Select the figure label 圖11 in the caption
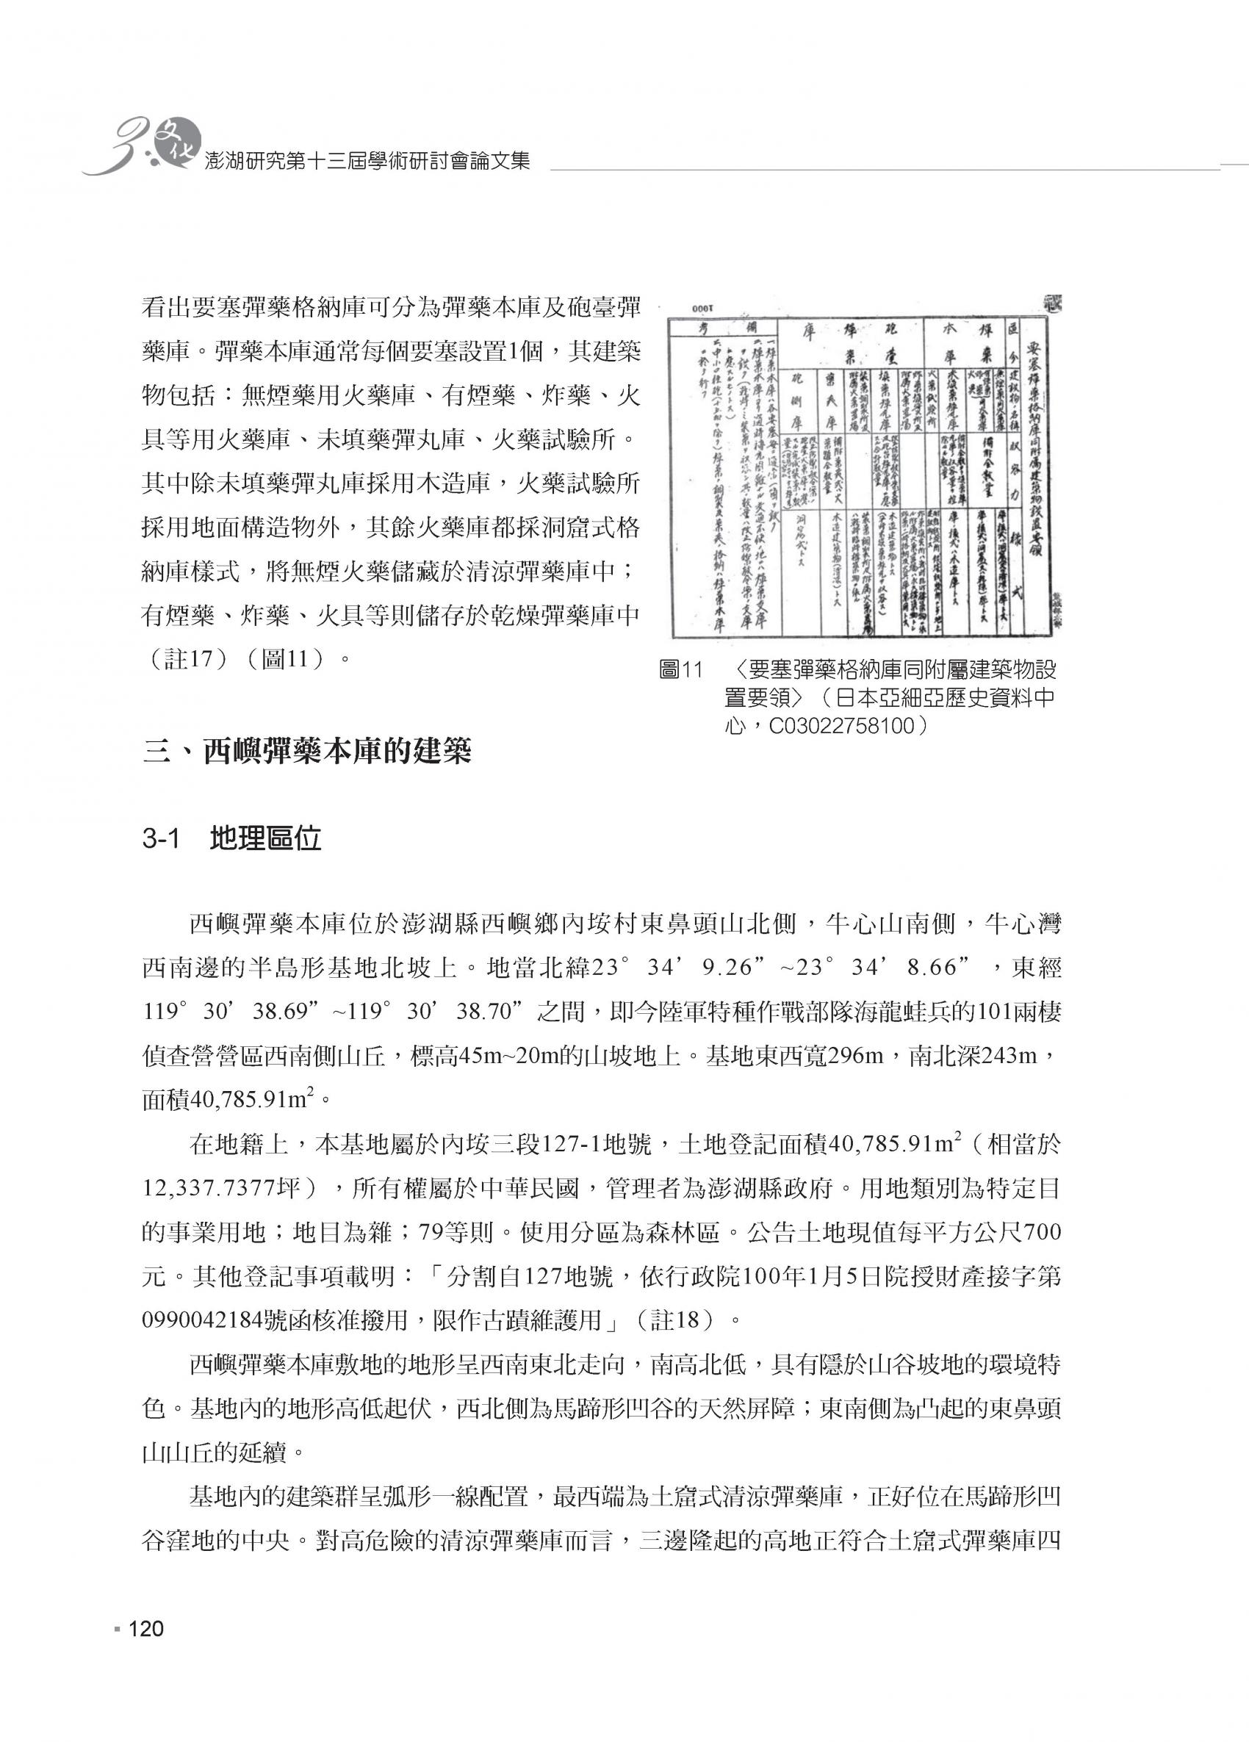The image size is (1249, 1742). pos(680,671)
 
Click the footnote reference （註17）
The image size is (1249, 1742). pos(187,659)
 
